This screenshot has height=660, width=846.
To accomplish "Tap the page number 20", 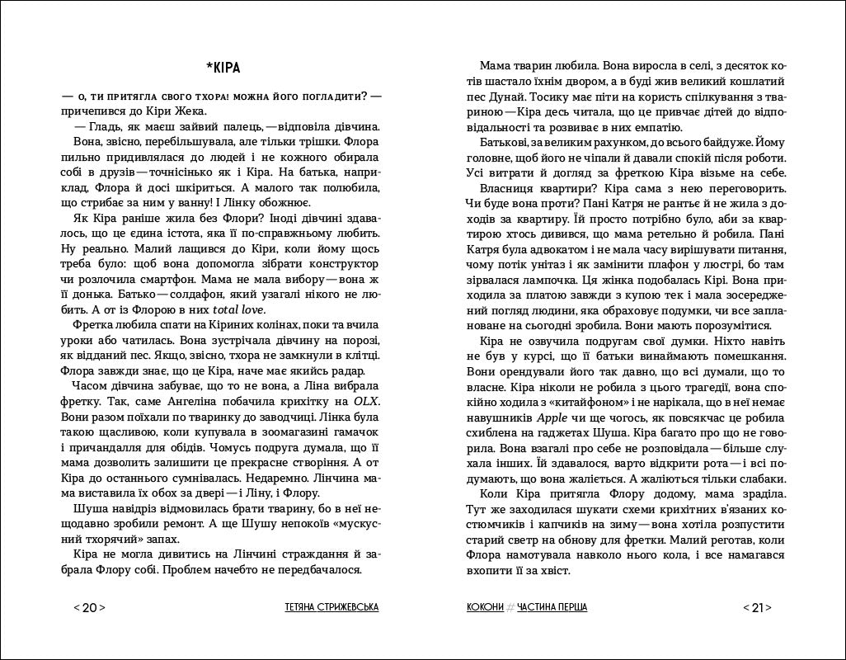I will pos(90,608).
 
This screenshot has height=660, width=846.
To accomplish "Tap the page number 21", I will pos(757,608).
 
